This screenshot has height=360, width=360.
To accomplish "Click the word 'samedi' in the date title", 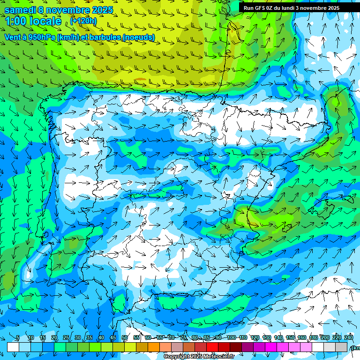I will click(x=20, y=10).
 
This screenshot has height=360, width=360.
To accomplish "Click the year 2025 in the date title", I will click(x=100, y=10).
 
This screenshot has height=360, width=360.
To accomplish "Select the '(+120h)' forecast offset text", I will click(x=83, y=21).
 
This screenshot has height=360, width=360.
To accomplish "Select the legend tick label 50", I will click(x=125, y=338).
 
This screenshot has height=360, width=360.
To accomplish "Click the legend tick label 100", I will click(x=231, y=338).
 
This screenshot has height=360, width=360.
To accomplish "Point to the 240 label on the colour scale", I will click(x=349, y=338).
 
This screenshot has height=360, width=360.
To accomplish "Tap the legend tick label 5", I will click(x=18, y=338).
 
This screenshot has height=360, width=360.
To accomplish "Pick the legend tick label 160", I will click(x=302, y=338).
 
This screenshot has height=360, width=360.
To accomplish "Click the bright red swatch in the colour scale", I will click(x=212, y=347).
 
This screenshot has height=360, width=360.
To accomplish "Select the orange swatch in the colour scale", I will click(x=142, y=347).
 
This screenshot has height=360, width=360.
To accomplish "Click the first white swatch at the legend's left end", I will click(x=13, y=347).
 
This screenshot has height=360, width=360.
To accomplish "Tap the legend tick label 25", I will click(x=66, y=338).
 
